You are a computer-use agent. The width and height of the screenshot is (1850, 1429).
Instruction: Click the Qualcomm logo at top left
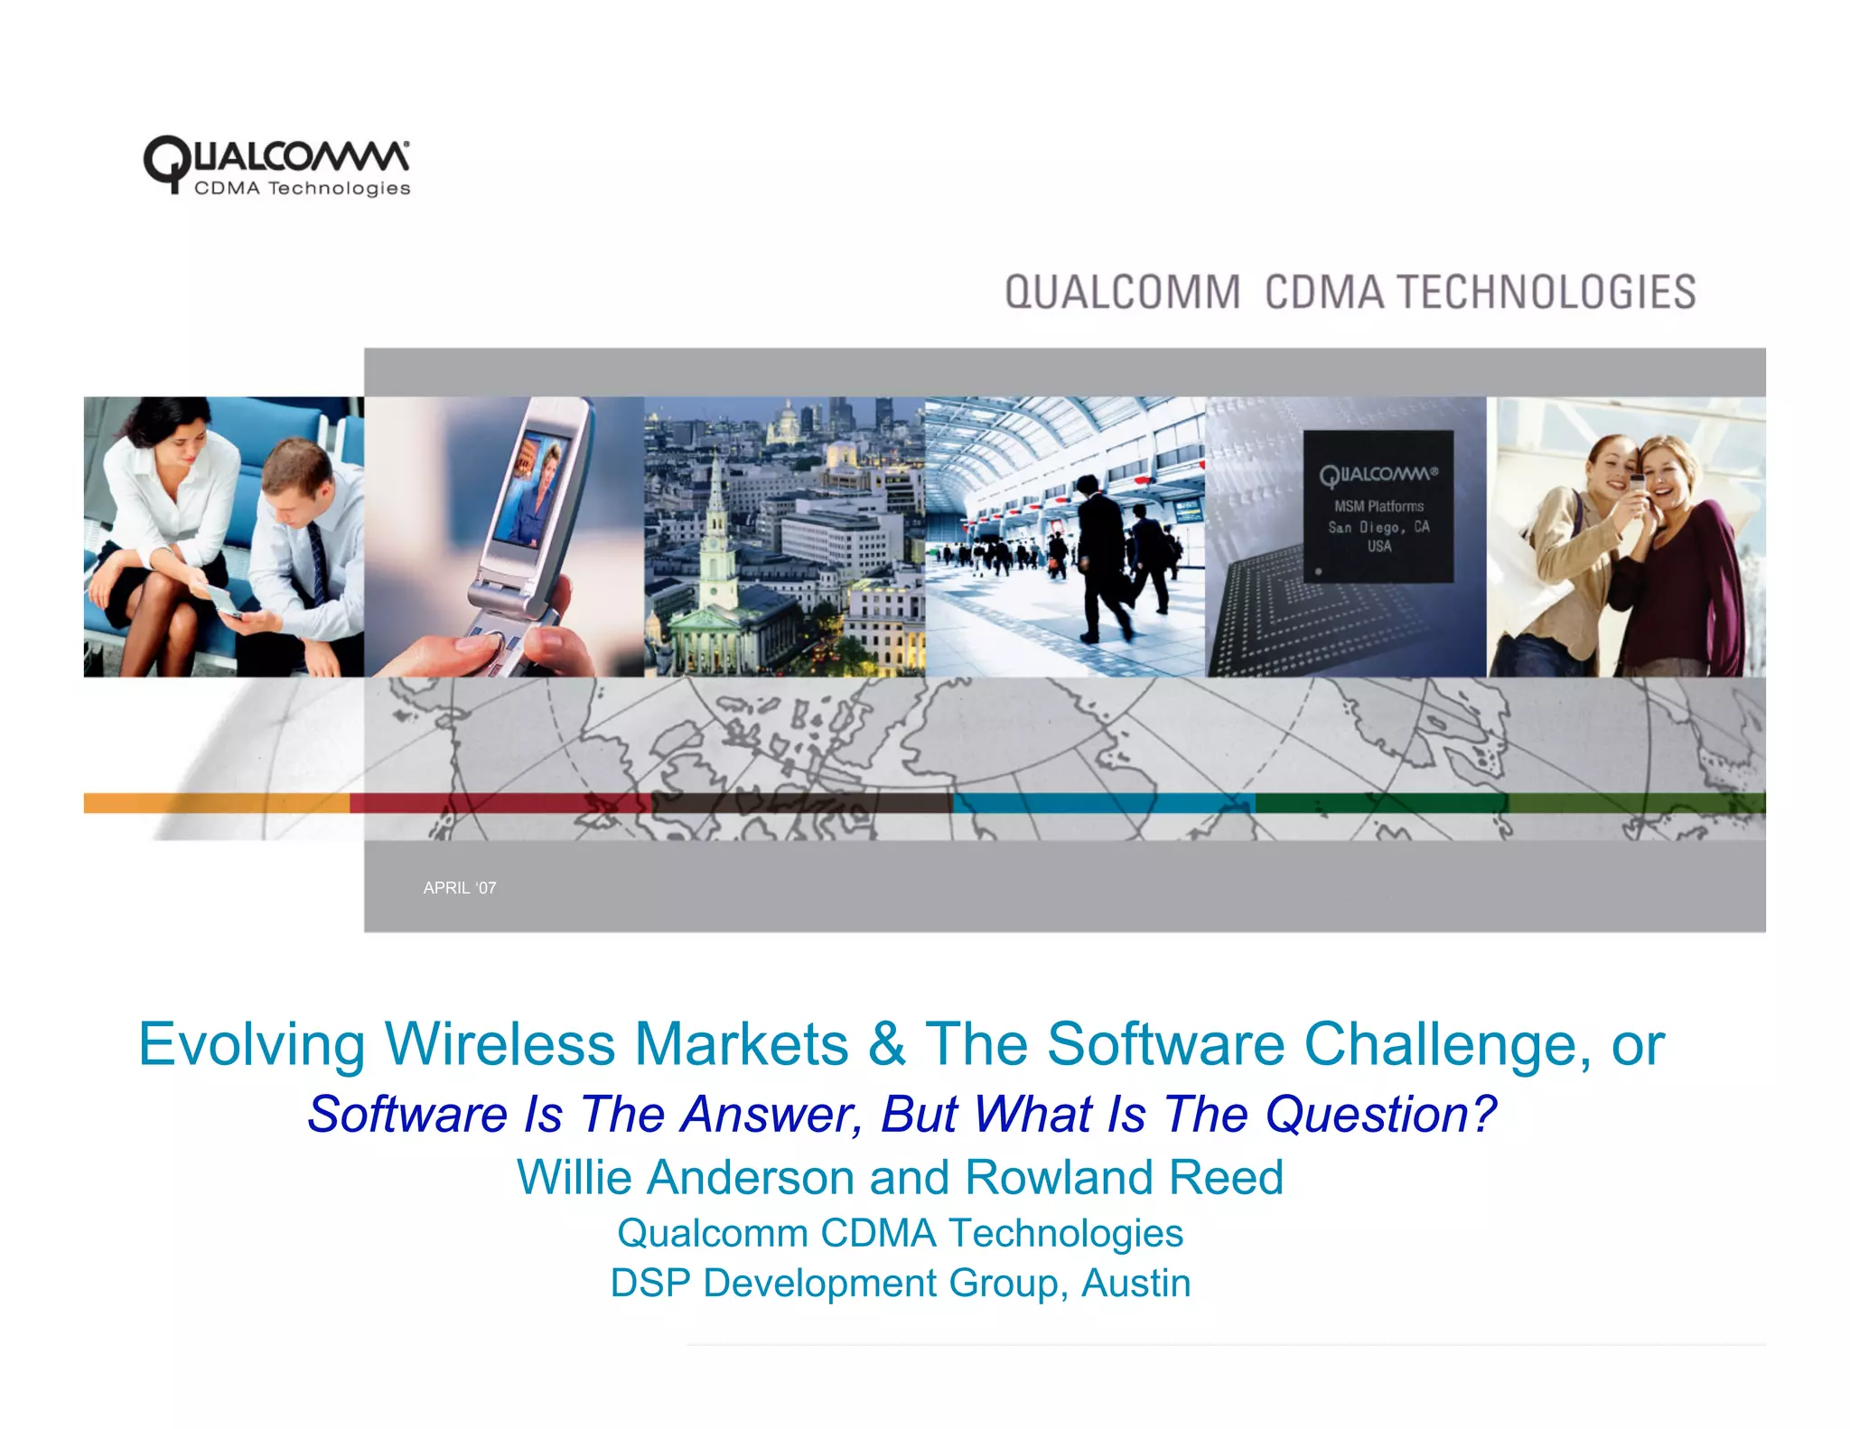click(x=276, y=165)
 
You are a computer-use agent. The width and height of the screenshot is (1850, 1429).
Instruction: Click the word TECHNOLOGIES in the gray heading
click(x=1546, y=293)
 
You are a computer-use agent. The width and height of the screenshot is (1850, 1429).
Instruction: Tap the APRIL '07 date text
click(x=460, y=888)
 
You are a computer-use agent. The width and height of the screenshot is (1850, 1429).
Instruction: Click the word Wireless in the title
click(x=500, y=1045)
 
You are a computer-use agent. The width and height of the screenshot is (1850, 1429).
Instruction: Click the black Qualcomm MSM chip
click(x=1378, y=506)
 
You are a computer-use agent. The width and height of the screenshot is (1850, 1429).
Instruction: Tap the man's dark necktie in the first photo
click(x=317, y=560)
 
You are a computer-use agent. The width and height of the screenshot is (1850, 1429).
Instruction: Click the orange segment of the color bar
click(x=217, y=803)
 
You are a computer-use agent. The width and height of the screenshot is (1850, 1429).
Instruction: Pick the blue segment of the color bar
click(x=1102, y=803)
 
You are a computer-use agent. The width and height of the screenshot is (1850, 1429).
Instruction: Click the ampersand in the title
click(x=886, y=1045)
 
